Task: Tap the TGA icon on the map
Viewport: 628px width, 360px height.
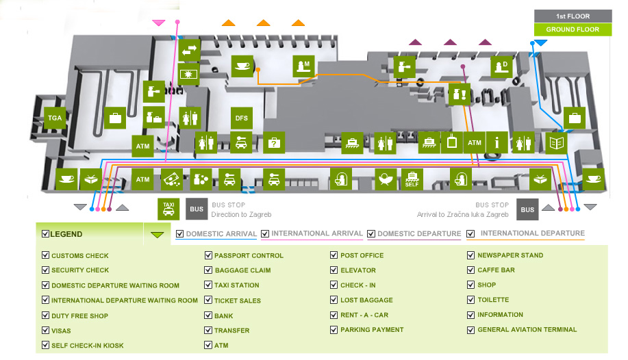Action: click(x=55, y=118)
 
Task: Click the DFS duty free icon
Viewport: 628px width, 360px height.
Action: click(x=242, y=118)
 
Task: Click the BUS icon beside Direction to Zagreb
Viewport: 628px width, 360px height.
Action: click(x=197, y=209)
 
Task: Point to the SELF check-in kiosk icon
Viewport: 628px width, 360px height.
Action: click(x=412, y=179)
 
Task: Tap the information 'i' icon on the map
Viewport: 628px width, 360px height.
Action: click(x=497, y=142)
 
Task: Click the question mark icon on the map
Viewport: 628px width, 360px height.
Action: click(x=274, y=142)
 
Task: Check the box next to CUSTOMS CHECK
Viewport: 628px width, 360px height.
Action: click(x=46, y=255)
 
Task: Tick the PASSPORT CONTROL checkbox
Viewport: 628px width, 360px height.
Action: click(x=209, y=255)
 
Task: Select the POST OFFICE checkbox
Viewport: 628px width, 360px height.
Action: click(x=335, y=255)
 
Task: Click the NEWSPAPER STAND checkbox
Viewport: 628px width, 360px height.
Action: click(x=471, y=255)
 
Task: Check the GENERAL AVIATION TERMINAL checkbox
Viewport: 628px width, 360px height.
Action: click(x=471, y=329)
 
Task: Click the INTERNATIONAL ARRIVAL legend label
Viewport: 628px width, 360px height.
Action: click(x=316, y=234)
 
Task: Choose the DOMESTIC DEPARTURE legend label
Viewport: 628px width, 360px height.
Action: click(x=419, y=234)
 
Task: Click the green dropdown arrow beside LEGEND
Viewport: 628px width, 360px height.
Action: click(x=158, y=235)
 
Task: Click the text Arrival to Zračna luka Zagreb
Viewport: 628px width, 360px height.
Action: click(x=463, y=214)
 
